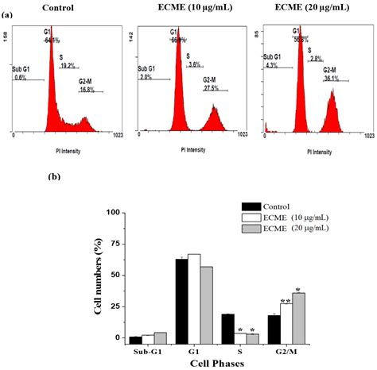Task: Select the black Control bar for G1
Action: tap(182, 301)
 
